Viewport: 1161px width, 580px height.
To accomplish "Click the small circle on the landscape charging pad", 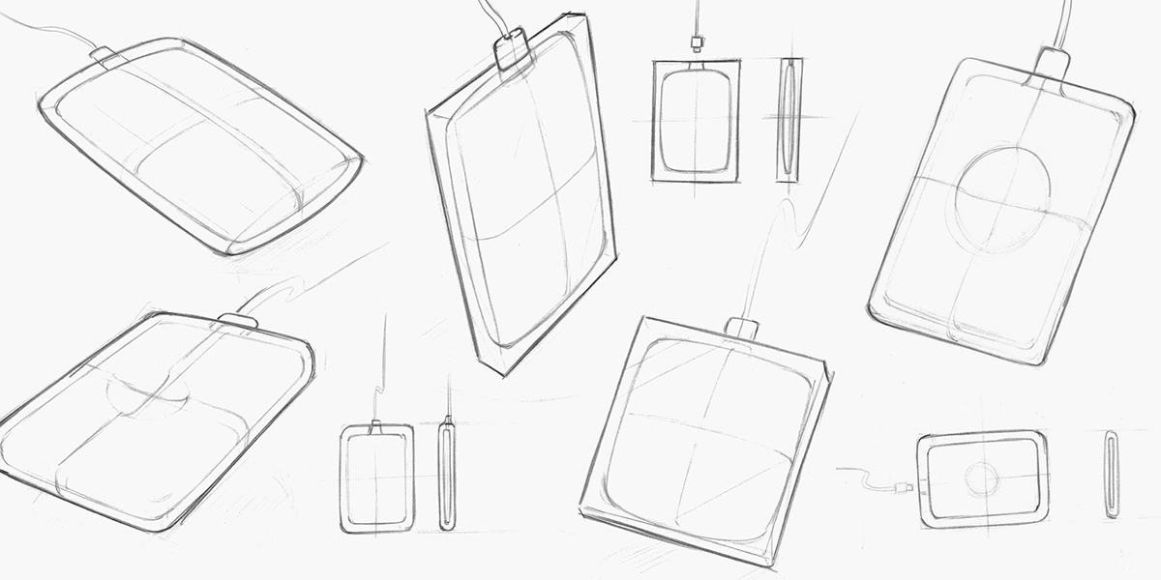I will click(x=983, y=478).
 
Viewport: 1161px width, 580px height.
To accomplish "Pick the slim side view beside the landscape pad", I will click(x=1112, y=476).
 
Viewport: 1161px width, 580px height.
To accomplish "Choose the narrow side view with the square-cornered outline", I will click(x=789, y=121).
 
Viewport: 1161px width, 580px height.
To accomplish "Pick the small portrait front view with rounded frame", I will click(x=376, y=478).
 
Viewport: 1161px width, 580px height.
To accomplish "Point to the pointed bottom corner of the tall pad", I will click(x=502, y=370).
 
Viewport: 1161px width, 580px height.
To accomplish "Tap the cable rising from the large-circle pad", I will click(x=1064, y=19).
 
